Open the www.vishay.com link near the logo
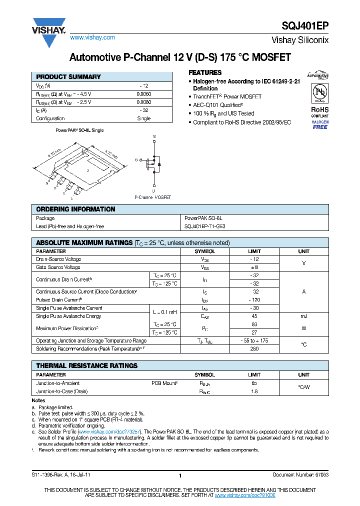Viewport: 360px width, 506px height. click(x=92, y=37)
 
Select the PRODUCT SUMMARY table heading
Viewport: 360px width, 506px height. click(x=68, y=77)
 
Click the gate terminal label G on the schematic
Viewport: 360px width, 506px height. click(x=136, y=160)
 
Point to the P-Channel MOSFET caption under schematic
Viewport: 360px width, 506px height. click(x=152, y=197)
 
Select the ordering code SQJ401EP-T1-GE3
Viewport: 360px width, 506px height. click(x=205, y=226)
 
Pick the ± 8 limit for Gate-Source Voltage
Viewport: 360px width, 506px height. click(x=254, y=267)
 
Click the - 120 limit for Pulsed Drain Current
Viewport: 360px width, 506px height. click(x=254, y=300)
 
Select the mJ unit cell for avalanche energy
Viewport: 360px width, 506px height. click(x=303, y=316)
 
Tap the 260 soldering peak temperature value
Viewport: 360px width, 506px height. click(x=254, y=348)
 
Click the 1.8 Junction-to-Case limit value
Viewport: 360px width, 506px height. click(x=254, y=392)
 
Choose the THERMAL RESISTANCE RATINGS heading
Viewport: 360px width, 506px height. click(x=86, y=366)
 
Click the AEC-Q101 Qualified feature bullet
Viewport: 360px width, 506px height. click(x=218, y=105)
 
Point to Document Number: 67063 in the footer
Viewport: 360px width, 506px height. click(x=300, y=474)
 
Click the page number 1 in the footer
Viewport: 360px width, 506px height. click(x=179, y=475)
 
